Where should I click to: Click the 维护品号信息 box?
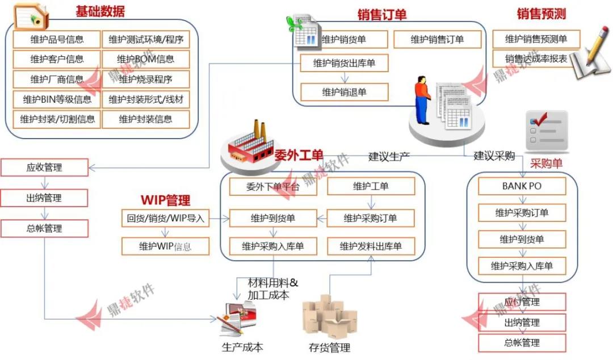[57, 39]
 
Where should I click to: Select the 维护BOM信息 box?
[145, 59]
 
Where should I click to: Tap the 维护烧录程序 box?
[145, 79]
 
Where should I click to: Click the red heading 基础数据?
[100, 11]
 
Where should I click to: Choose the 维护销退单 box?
[344, 92]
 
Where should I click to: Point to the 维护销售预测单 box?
[536, 39]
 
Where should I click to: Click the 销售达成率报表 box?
[536, 58]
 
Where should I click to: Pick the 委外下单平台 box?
[273, 186]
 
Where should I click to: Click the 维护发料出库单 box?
[371, 246]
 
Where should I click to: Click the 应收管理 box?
[44, 168]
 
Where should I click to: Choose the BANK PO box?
[522, 186]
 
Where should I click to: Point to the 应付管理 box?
[522, 302]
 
